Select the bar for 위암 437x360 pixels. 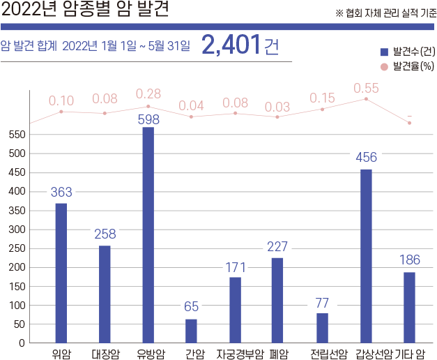pos(61,273)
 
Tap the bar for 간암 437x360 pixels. pos(191,331)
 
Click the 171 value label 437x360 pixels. pos(235,267)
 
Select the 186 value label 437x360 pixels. pos(409,260)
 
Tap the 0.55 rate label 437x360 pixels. pos(366,88)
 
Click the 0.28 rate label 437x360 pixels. pos(148,93)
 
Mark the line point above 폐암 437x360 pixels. pos(277,117)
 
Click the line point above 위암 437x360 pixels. pos(61,112)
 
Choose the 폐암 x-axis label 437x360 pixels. pos(279,353)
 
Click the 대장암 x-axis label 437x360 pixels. pos(105,353)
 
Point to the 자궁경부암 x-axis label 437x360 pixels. pos(239,353)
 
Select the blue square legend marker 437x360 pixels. pos(383,52)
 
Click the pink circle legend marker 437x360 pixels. pos(383,67)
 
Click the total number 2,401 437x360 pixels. pos(231,45)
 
